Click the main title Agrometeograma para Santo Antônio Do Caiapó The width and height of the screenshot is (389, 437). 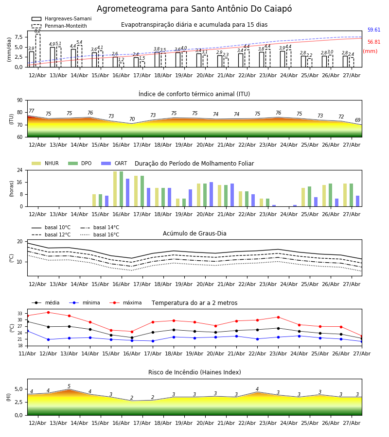[x=194, y=9]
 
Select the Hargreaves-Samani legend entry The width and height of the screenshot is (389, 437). [x=62, y=18]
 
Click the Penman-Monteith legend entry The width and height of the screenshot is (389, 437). [x=59, y=26]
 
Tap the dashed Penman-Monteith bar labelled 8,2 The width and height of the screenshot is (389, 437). [x=37, y=50]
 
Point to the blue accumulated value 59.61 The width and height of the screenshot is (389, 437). [x=374, y=30]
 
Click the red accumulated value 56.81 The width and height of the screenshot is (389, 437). [x=374, y=42]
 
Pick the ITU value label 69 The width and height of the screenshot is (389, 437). [x=357, y=120]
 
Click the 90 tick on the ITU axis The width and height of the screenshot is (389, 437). [x=20, y=101]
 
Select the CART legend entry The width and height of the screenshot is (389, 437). [x=114, y=163]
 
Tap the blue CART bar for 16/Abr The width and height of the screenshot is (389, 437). [x=127, y=193]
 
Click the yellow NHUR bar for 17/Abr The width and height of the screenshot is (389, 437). [x=136, y=191]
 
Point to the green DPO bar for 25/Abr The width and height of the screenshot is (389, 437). [x=309, y=197]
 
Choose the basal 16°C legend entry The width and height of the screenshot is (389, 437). [x=100, y=235]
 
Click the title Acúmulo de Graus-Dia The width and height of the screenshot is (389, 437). [x=194, y=234]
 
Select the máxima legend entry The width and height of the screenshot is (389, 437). [x=125, y=303]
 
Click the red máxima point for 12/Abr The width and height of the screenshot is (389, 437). [x=48, y=312]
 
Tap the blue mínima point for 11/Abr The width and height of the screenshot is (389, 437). [x=27, y=331]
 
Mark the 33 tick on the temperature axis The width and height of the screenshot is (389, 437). [x=20, y=314]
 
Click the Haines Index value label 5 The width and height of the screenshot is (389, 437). [x=69, y=387]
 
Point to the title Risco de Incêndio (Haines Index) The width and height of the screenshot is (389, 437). [x=194, y=372]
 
